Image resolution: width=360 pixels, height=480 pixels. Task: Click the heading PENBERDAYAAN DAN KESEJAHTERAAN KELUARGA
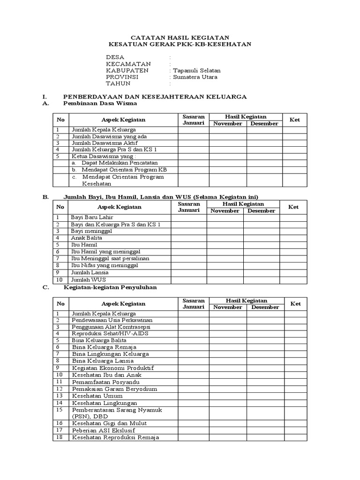[155, 96]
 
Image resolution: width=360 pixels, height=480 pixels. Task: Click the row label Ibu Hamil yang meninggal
[105, 252]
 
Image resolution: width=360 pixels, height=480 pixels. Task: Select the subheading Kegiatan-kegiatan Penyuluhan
[110, 287]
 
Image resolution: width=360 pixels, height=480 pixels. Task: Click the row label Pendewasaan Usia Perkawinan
[112, 320]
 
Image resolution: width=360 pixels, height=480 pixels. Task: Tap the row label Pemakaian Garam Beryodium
[114, 389]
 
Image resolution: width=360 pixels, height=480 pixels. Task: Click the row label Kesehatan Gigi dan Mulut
[108, 423]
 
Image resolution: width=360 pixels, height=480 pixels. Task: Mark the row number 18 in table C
[60, 437]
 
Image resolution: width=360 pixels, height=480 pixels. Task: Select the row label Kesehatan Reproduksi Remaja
[115, 437]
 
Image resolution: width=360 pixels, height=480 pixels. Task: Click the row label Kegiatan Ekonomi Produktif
[112, 368]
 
